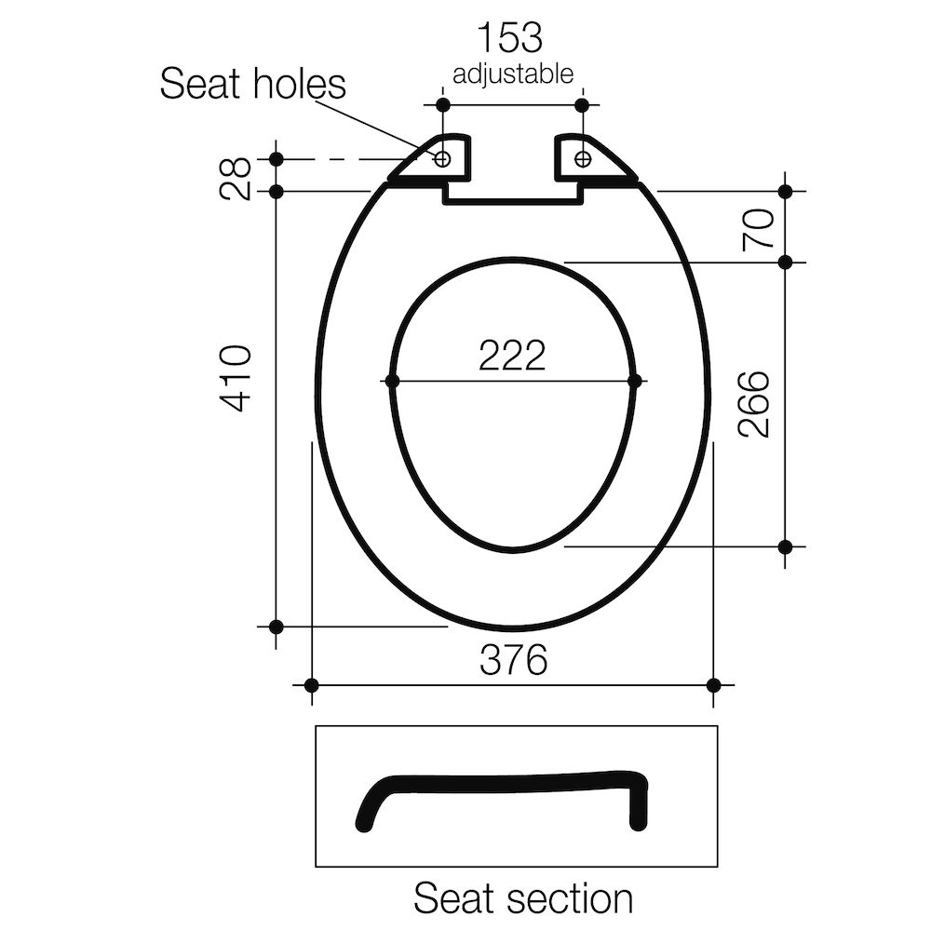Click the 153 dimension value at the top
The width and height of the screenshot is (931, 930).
pos(510,38)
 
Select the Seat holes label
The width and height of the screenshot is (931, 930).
pos(252,84)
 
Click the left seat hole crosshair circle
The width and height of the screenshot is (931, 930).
pos(443,159)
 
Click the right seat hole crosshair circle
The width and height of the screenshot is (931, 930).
pos(583,159)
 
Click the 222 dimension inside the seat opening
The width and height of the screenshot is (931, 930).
pos(512,355)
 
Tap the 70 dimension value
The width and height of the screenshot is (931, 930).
pos(759,227)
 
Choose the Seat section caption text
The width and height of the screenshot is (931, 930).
pos(523,899)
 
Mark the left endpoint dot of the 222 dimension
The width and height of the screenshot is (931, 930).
pos(391,381)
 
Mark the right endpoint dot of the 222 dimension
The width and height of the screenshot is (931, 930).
pos(635,381)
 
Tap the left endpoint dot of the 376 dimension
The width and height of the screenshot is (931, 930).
pos(311,685)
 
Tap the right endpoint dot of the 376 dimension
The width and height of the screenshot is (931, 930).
pos(713,685)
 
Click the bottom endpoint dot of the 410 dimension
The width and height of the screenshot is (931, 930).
pos(276,627)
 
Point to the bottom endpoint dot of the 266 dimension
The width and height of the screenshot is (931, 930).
pos(785,546)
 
